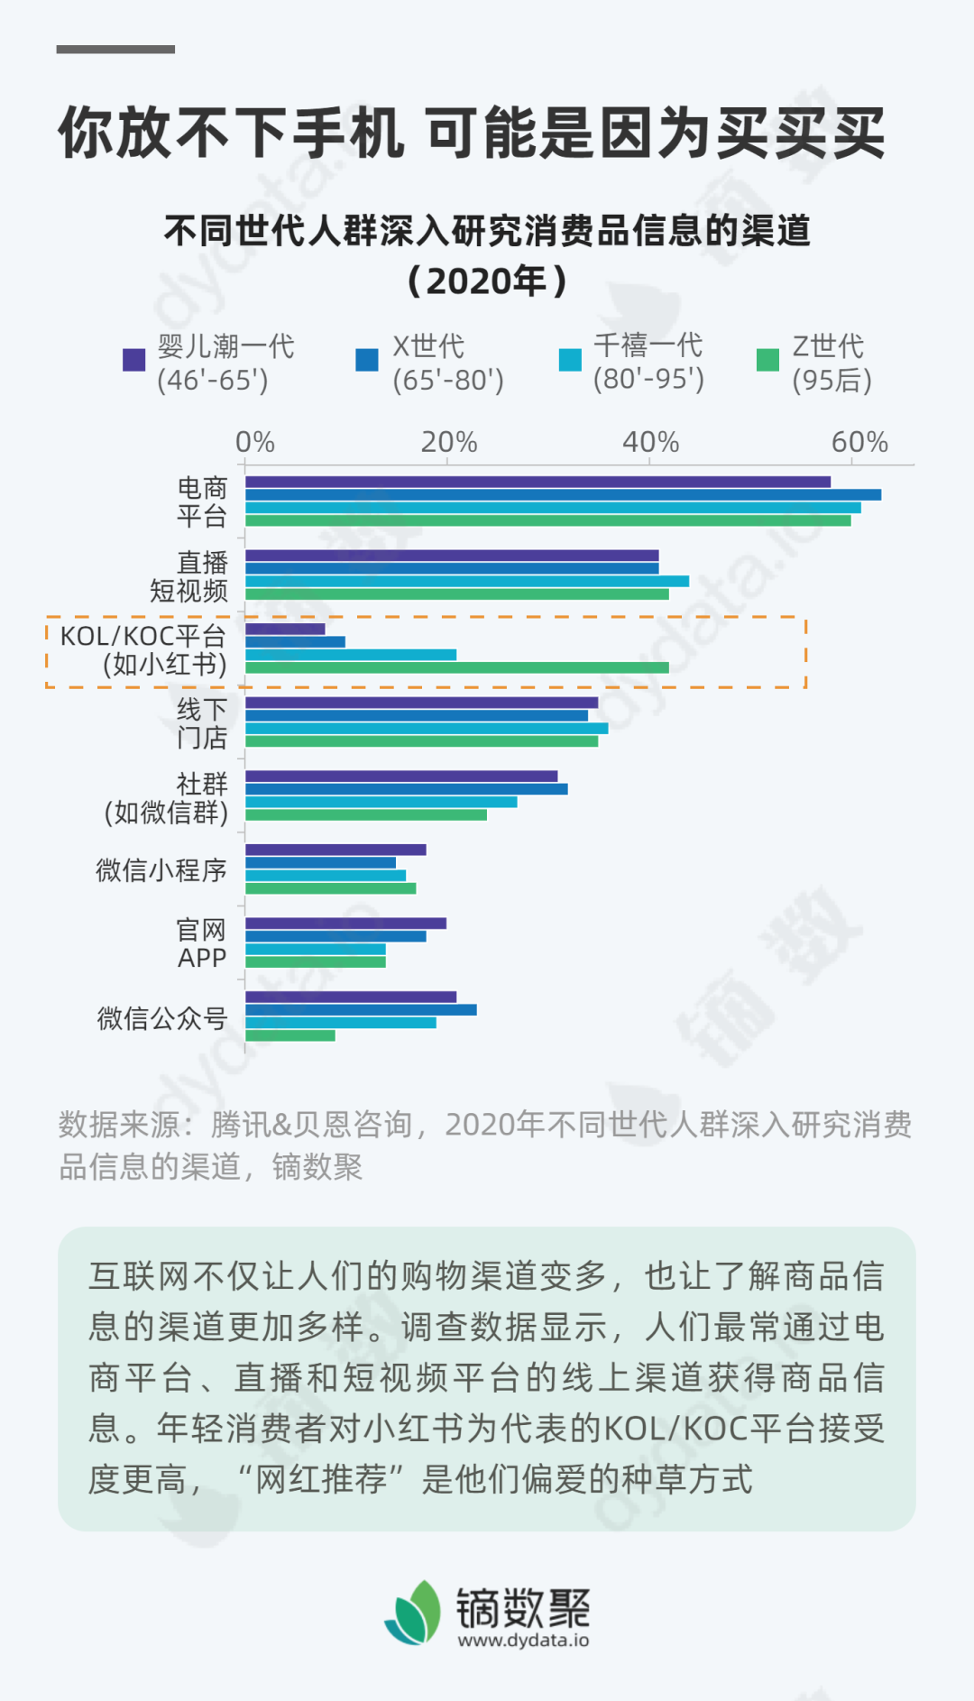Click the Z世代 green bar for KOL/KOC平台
pyautogui.click(x=456, y=667)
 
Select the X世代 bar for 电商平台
pyautogui.click(x=563, y=494)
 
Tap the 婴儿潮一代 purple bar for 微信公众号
pyautogui.click(x=351, y=997)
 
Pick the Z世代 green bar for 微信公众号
pyautogui.click(x=290, y=1035)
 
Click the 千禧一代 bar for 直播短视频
pyautogui.click(x=467, y=581)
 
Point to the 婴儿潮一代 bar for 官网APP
pyautogui.click(x=345, y=923)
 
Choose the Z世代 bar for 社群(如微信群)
pyautogui.click(x=366, y=814)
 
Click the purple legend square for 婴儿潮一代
pyautogui.click(x=133, y=360)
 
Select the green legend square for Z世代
pyautogui.click(x=767, y=360)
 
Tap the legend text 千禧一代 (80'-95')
pyautogui.click(x=648, y=362)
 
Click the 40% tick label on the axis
pyautogui.click(x=650, y=442)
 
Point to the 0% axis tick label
pyautogui.click(x=254, y=442)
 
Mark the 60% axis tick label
pyautogui.click(x=859, y=442)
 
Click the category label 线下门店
pyautogui.click(x=202, y=723)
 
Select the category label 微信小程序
pyautogui.click(x=161, y=870)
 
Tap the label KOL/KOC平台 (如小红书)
pyautogui.click(x=142, y=650)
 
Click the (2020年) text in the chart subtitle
pyautogui.click(x=487, y=281)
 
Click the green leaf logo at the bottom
pyautogui.click(x=414, y=1613)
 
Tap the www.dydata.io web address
pyautogui.click(x=523, y=1641)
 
